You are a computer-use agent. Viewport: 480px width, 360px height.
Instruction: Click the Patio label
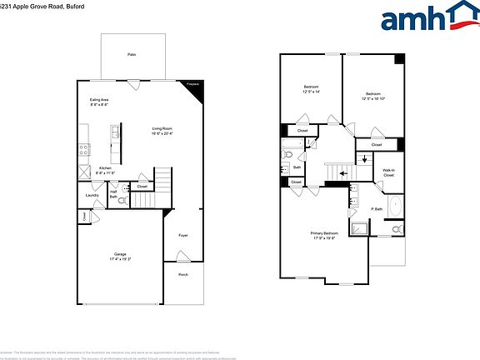[x=132, y=54]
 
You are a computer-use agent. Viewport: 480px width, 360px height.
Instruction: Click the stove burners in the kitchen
[x=84, y=150]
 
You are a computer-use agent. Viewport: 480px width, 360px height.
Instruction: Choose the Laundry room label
[x=93, y=197]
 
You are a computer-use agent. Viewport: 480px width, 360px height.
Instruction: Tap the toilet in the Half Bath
[x=123, y=201]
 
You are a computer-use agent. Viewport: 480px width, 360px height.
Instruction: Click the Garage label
[x=120, y=255]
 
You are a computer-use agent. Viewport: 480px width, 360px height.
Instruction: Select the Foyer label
[x=183, y=236]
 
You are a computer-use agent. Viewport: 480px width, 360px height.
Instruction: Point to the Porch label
[x=183, y=274]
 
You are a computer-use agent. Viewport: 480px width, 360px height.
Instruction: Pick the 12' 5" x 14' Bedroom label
[x=311, y=89]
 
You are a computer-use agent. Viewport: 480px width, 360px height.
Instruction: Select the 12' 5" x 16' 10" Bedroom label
[x=372, y=96]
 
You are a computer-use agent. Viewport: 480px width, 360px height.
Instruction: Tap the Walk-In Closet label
[x=389, y=172]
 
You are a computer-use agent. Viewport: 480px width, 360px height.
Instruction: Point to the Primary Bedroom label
[x=324, y=235]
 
